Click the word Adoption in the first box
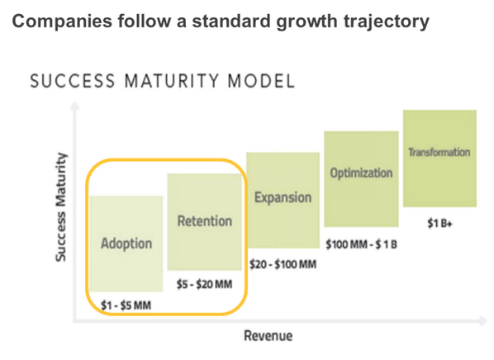tap(126, 244)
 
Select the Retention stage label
tap(204, 221)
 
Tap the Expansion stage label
tap(283, 198)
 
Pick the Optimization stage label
tap(361, 173)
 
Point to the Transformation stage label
tap(439, 153)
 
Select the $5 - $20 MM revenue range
tap(205, 284)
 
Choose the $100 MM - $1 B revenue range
tap(362, 245)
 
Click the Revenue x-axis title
tap(268, 336)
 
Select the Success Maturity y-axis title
tap(60, 207)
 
